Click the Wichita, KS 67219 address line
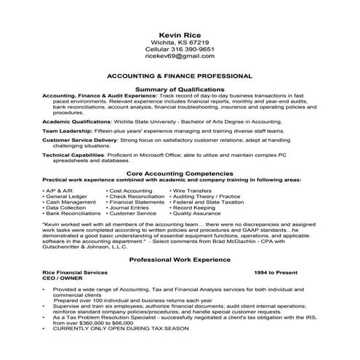180,41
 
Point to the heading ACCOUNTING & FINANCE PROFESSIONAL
180,75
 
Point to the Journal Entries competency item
133,208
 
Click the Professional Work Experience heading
180,259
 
